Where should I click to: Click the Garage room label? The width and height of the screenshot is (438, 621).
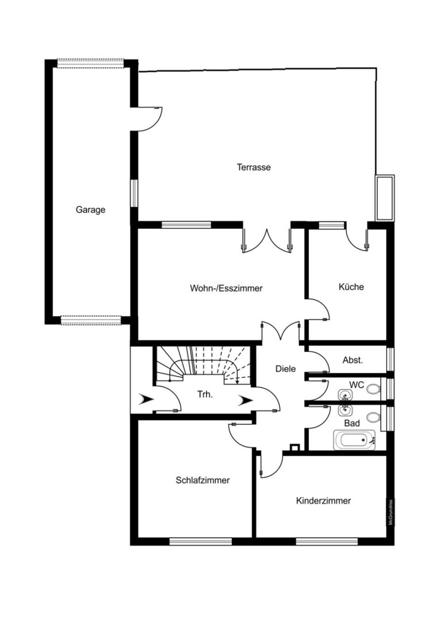coord(91,209)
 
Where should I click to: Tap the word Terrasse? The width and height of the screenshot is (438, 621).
coord(254,167)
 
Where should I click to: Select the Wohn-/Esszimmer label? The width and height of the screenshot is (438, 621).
coord(226,288)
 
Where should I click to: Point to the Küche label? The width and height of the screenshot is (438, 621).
coord(351,286)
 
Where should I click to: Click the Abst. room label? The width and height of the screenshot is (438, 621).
coord(352,360)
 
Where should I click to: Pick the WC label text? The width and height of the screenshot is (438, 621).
coord(356,385)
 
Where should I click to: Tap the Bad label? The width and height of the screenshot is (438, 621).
coord(352,423)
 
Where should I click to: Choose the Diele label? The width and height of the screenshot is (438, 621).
coord(285,369)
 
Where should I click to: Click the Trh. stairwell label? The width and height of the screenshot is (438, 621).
coord(205,394)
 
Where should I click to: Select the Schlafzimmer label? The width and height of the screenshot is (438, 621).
coord(203,480)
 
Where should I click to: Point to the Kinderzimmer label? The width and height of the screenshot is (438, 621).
coord(323,501)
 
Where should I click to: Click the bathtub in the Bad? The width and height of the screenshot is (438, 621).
coord(354,440)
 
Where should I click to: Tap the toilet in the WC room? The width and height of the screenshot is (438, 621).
coord(373,389)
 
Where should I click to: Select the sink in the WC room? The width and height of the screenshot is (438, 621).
coord(345,395)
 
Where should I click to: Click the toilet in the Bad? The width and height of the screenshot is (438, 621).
coord(373,417)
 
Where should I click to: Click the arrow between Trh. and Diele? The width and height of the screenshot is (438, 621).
coord(245,400)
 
